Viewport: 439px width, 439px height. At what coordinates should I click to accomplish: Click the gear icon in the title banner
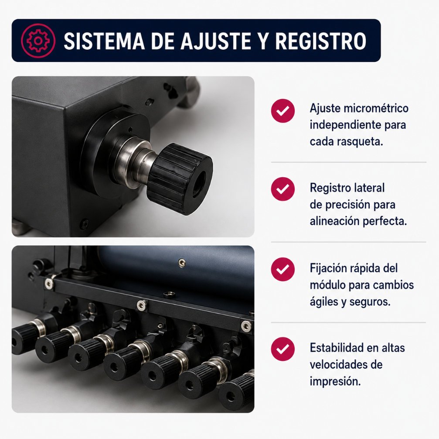pyautogui.click(x=38, y=41)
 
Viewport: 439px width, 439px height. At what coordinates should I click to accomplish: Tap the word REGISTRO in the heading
pyautogui.click(x=320, y=41)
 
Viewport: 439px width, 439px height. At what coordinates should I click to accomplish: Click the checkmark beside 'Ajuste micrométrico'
pyautogui.click(x=283, y=111)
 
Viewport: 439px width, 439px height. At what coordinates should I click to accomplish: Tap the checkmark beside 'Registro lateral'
pyautogui.click(x=283, y=189)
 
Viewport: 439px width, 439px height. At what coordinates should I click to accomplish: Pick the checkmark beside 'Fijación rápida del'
pyautogui.click(x=283, y=269)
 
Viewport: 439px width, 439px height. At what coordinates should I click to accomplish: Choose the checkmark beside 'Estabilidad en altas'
pyautogui.click(x=283, y=349)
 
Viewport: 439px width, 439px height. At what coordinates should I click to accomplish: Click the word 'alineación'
pyautogui.click(x=334, y=221)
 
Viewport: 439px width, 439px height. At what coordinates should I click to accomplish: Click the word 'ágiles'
pyautogui.click(x=323, y=302)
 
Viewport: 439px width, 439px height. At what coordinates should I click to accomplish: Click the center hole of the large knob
pyautogui.click(x=200, y=183)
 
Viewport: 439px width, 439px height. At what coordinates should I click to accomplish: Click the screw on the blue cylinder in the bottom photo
pyautogui.click(x=182, y=262)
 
